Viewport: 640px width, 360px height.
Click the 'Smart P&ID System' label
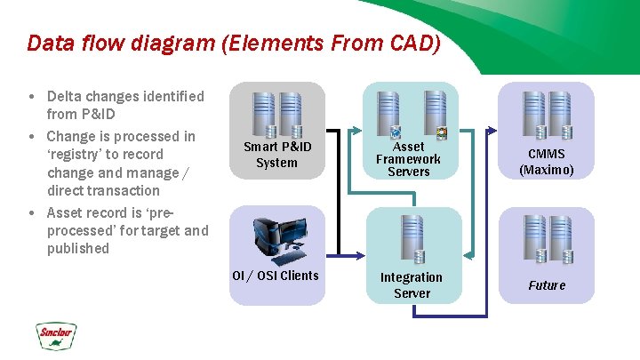[276, 155]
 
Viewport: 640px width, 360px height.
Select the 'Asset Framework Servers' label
[408, 158]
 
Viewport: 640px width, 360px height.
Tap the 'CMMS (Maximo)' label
[547, 162]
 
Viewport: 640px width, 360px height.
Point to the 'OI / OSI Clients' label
[275, 276]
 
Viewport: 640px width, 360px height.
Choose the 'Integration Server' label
[412, 284]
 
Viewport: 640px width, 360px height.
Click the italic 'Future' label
[547, 285]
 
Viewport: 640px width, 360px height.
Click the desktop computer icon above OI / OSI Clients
[276, 238]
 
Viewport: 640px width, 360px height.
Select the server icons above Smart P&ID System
[276, 112]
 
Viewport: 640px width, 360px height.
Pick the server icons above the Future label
[547, 239]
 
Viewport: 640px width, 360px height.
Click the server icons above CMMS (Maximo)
[547, 114]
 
